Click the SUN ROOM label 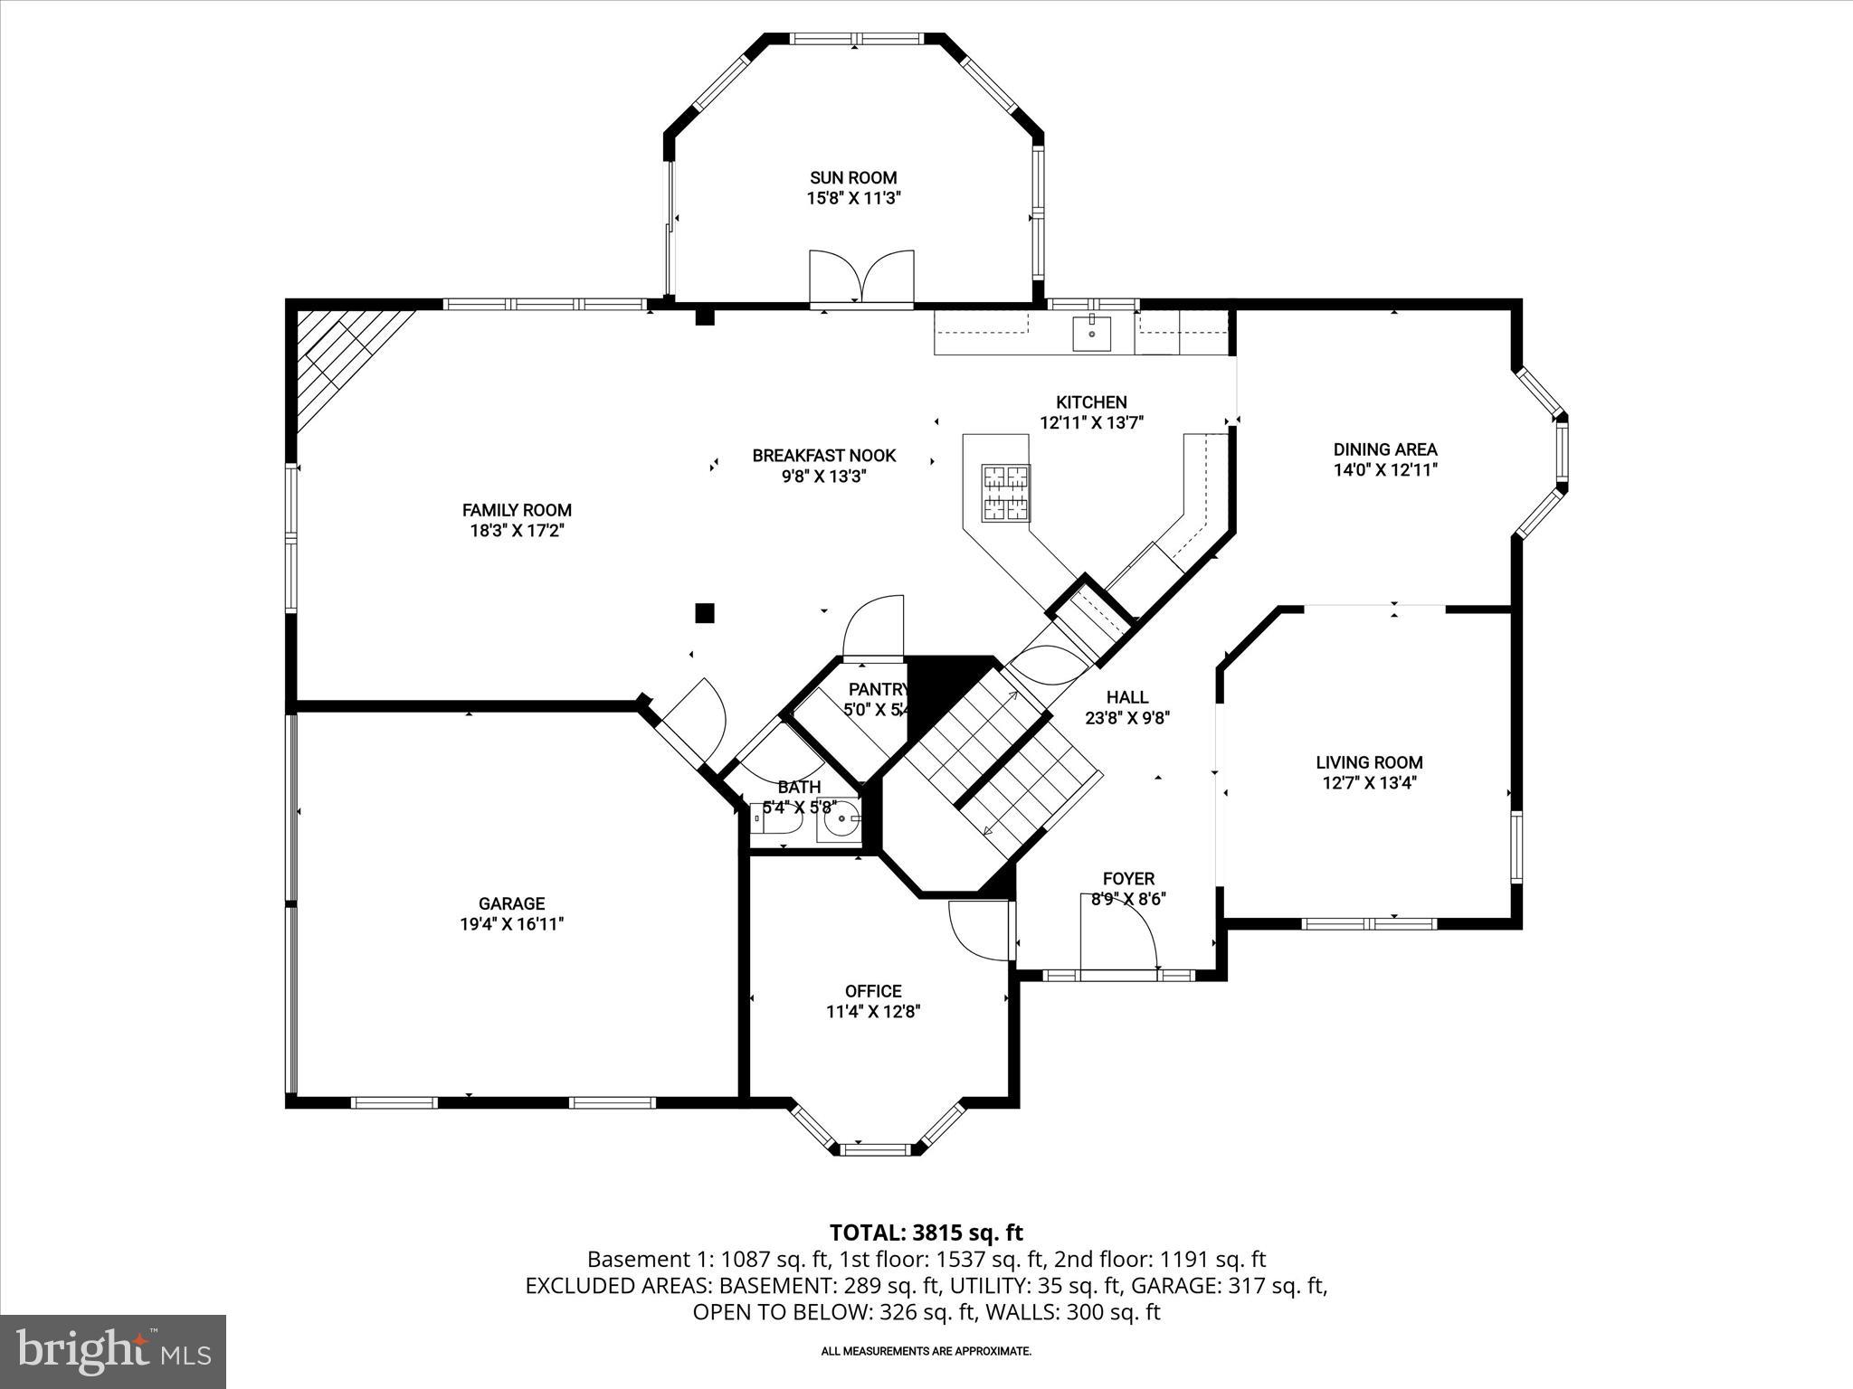(853, 178)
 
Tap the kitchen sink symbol (1093, 333)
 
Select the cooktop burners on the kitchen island (1006, 492)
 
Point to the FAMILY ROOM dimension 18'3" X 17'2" (517, 531)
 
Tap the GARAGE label (511, 903)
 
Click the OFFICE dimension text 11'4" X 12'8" (873, 1012)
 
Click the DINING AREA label (1384, 449)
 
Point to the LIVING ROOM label (1369, 762)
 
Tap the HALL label (1127, 697)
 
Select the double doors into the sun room (861, 279)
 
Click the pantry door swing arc (874, 623)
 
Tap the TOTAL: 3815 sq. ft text (926, 1233)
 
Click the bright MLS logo (113, 1351)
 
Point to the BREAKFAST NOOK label (823, 456)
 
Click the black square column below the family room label (704, 613)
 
